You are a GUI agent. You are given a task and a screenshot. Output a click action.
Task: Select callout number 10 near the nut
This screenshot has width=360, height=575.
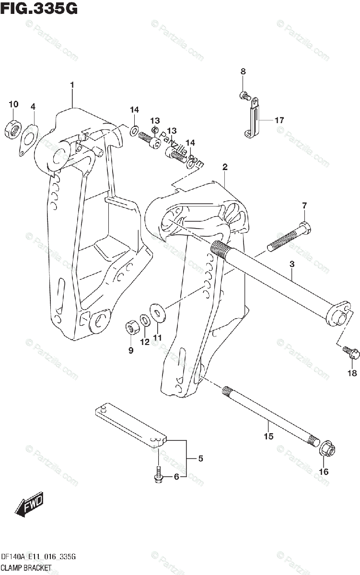tap(13, 104)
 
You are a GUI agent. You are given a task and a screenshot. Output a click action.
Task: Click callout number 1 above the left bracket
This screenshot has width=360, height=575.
tap(72, 85)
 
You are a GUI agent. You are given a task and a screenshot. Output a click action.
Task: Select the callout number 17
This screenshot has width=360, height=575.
tap(279, 120)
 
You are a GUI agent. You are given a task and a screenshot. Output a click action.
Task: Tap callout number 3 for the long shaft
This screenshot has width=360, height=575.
tap(291, 264)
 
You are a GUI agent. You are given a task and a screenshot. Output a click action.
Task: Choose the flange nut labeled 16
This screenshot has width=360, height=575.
tap(329, 451)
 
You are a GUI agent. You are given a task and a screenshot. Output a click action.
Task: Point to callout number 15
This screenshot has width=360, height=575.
tap(268, 436)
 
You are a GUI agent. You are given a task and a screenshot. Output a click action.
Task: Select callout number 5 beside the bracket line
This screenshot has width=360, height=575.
tap(200, 459)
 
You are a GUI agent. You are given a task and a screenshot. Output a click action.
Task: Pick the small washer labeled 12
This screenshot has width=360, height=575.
tap(144, 319)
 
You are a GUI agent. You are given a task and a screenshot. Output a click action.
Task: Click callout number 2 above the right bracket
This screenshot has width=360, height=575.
tap(224, 167)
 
